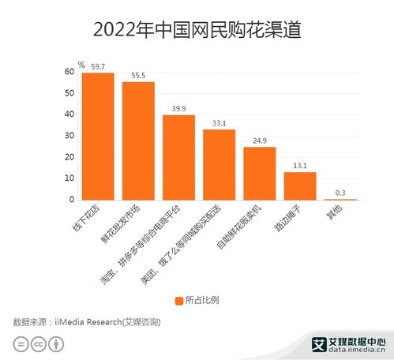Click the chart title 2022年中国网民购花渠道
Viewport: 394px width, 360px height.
coord(197,30)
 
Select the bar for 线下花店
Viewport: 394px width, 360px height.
coord(98,136)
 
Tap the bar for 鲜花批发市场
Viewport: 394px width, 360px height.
coord(138,141)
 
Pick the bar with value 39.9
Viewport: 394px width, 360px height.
coord(178,157)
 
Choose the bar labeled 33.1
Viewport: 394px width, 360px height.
coord(219,164)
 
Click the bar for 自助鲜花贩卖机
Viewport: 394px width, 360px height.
coord(259,173)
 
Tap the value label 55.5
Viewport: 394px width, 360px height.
coord(139,74)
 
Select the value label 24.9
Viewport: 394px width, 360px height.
coord(259,140)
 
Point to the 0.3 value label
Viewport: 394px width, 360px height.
coord(340,192)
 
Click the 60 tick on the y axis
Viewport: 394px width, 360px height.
coord(69,72)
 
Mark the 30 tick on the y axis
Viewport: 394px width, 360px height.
coord(69,136)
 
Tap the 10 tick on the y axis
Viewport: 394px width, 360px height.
coord(69,178)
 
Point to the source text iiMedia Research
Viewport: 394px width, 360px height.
coord(87,321)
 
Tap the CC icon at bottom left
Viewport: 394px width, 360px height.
coord(38,344)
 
